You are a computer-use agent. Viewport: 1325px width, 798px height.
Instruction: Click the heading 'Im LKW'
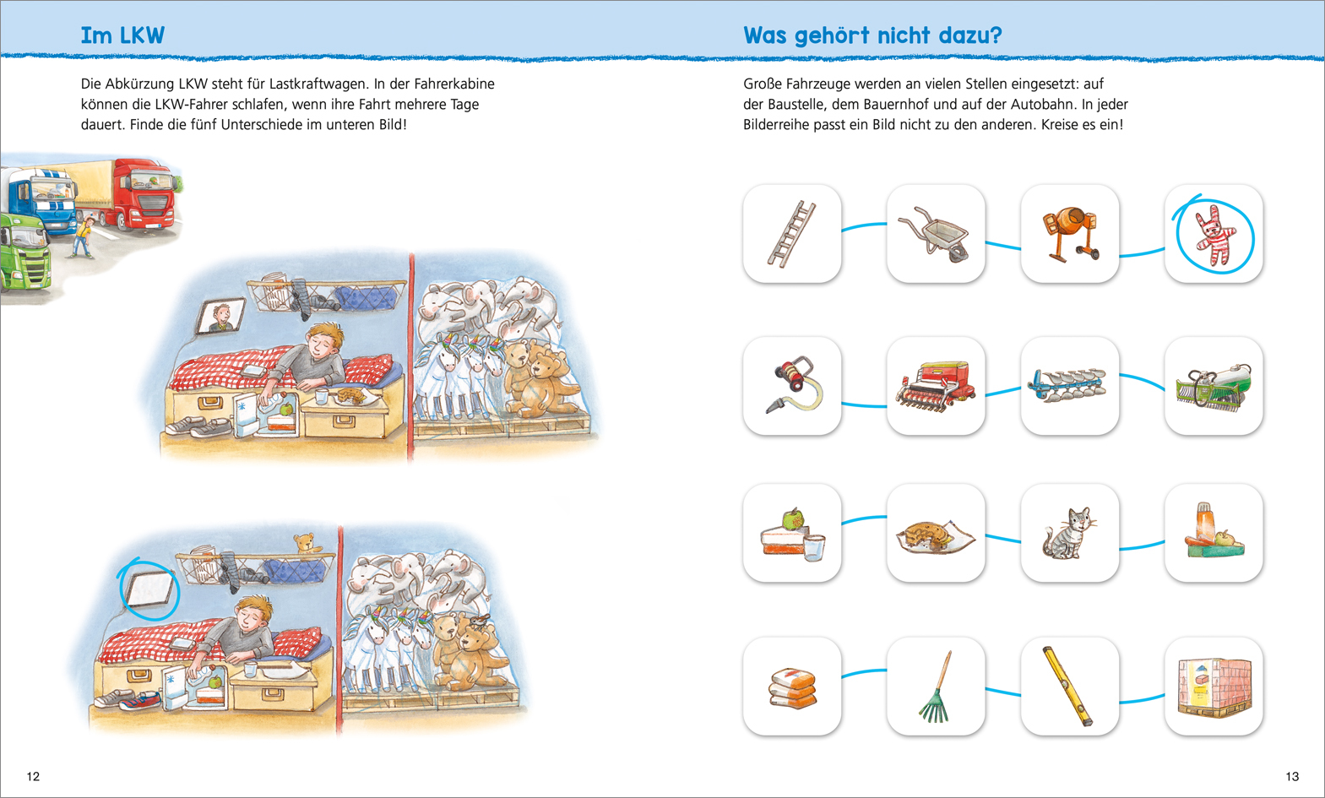click(x=122, y=35)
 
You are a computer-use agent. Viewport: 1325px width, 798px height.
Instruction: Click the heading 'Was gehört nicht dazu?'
click(x=872, y=35)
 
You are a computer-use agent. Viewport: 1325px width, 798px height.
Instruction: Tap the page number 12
click(x=33, y=776)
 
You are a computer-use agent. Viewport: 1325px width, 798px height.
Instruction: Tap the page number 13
click(x=1292, y=776)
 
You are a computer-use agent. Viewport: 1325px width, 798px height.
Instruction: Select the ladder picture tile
click(x=792, y=234)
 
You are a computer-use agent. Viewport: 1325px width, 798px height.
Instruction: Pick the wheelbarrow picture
click(x=936, y=234)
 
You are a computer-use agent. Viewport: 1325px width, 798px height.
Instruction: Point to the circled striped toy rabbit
click(x=1214, y=236)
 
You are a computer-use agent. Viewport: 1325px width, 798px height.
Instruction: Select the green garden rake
click(x=936, y=687)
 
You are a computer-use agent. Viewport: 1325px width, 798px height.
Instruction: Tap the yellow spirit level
click(x=1067, y=687)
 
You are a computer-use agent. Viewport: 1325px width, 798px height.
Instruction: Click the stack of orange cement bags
click(x=792, y=688)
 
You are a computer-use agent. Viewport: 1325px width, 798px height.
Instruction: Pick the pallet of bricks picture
click(x=1214, y=687)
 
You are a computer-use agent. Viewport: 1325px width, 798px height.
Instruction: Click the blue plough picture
click(x=1068, y=385)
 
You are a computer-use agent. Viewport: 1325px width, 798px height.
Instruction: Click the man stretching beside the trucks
click(x=84, y=236)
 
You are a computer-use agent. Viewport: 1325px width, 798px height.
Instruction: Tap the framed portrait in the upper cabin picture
click(x=220, y=315)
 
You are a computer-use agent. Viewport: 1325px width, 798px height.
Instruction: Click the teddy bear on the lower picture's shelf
click(x=305, y=542)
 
